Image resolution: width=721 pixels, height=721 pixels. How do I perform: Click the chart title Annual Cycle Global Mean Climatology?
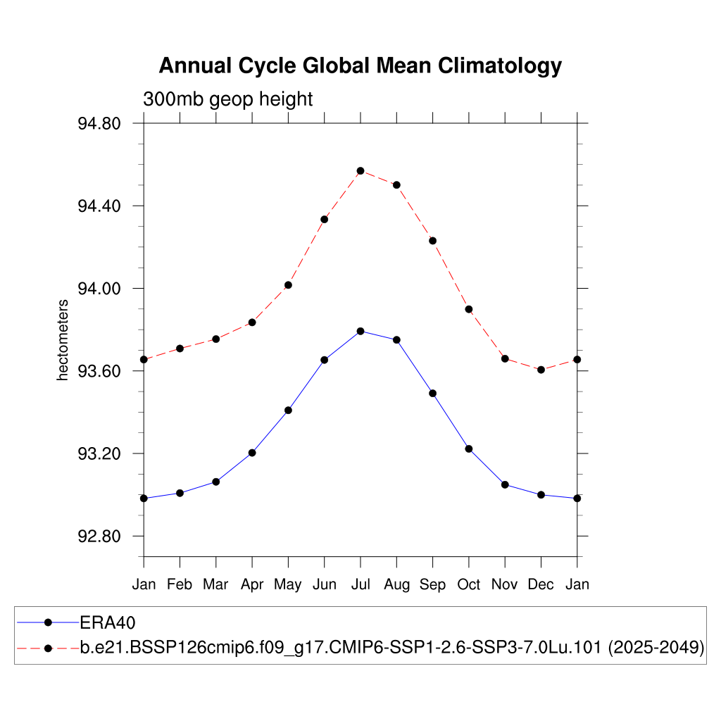click(x=360, y=65)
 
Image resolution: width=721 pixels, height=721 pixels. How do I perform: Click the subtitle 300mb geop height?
click(x=227, y=99)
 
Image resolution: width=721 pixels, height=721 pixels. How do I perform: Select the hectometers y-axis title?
click(x=63, y=340)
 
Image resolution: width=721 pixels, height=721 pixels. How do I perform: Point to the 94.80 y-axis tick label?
click(x=99, y=124)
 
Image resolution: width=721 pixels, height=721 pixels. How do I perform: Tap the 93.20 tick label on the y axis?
click(x=99, y=454)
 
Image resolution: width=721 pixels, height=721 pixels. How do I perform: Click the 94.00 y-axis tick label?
click(x=99, y=289)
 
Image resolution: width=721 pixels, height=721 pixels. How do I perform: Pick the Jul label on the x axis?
click(x=360, y=584)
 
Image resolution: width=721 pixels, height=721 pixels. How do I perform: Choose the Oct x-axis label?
click(x=469, y=584)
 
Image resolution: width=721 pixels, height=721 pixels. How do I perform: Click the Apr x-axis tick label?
click(x=252, y=584)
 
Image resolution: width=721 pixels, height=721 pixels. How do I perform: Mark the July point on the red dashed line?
click(x=360, y=171)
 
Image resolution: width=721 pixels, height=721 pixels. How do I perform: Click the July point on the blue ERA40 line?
click(x=360, y=331)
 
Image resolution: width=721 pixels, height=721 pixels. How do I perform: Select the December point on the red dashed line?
click(x=541, y=370)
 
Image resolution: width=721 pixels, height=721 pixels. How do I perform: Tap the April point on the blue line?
click(x=252, y=453)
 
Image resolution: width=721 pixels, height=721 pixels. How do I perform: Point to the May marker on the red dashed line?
click(x=288, y=285)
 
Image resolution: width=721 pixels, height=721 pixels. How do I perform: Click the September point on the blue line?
click(x=432, y=393)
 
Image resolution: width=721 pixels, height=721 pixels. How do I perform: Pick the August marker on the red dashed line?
click(x=396, y=185)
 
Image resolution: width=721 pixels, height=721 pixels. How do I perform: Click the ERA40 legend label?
click(x=108, y=622)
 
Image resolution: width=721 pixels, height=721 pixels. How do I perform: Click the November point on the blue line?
click(x=505, y=484)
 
